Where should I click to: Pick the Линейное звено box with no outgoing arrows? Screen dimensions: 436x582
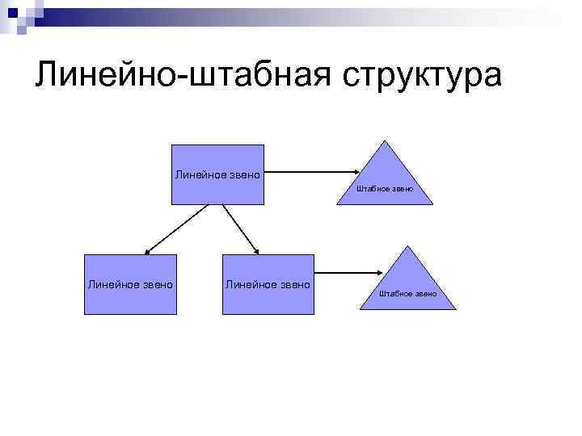click(x=130, y=284)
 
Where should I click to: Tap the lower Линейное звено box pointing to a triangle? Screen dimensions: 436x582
click(x=267, y=284)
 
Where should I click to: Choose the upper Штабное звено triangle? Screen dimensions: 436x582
click(x=386, y=182)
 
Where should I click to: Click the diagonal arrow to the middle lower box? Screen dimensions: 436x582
click(x=240, y=228)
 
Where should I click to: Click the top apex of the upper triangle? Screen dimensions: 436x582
click(x=386, y=141)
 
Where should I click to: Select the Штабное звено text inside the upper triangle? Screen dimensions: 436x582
click(x=386, y=189)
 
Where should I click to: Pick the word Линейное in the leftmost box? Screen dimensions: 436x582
click(x=112, y=284)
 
